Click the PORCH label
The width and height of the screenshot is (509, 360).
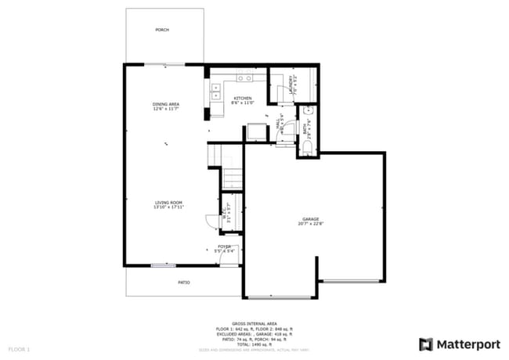pyautogui.click(x=162, y=30)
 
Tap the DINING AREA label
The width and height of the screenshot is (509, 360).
pyautogui.click(x=165, y=104)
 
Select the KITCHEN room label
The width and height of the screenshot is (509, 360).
pyautogui.click(x=243, y=98)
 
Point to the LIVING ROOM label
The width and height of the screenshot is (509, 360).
pyautogui.click(x=169, y=202)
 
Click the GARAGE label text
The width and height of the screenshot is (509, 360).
pyautogui.click(x=311, y=219)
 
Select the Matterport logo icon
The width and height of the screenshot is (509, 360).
pyautogui.click(x=426, y=344)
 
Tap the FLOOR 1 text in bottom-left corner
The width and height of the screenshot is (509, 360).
pyautogui.click(x=19, y=348)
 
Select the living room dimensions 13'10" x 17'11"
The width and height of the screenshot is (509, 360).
pyautogui.click(x=169, y=207)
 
